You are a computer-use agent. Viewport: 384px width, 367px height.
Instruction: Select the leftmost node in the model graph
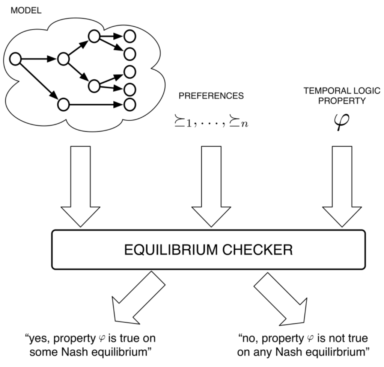coord(15,59)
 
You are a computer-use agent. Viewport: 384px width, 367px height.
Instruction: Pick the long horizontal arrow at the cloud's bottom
coord(96,104)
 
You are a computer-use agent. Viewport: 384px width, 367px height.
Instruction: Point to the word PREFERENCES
coord(211,96)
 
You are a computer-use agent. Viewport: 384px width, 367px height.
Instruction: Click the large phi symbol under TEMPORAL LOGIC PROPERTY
coord(342,122)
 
